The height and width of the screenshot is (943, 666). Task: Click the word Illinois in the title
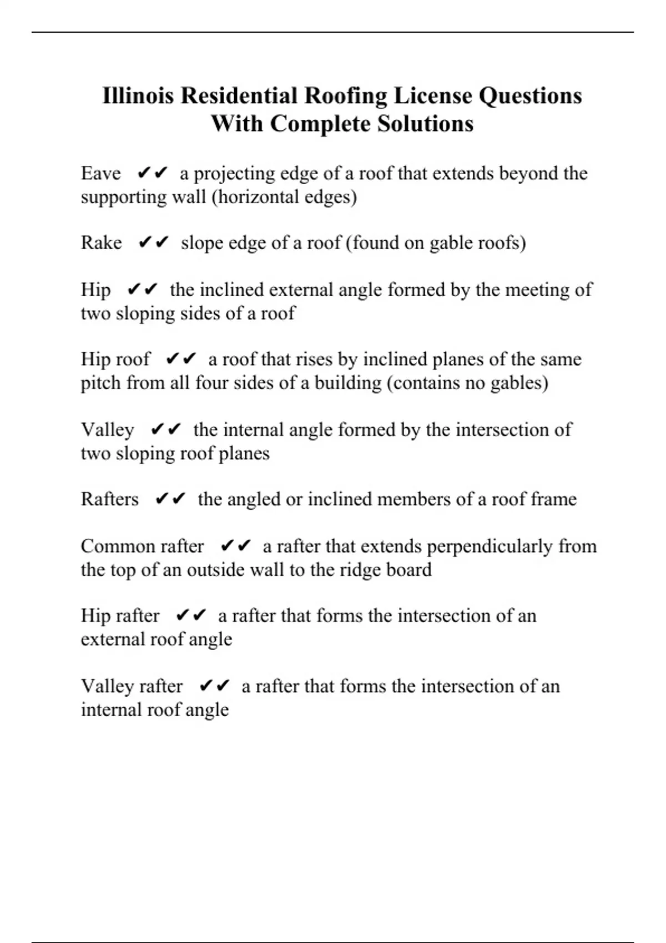[x=139, y=95]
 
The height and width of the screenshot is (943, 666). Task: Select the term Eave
[x=100, y=173]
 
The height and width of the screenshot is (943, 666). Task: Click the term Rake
[x=101, y=242]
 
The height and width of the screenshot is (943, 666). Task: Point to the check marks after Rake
[x=153, y=242]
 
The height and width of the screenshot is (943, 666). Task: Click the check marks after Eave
[x=152, y=173]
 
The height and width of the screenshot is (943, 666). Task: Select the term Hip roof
[x=115, y=359]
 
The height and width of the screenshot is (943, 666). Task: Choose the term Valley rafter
[x=132, y=686]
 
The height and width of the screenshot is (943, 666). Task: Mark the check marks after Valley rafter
[x=214, y=686]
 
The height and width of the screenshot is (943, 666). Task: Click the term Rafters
[x=109, y=499]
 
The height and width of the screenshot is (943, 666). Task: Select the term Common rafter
[x=142, y=546]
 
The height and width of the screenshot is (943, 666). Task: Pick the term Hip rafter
[x=120, y=616]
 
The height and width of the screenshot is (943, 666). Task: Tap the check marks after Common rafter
[x=236, y=546]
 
